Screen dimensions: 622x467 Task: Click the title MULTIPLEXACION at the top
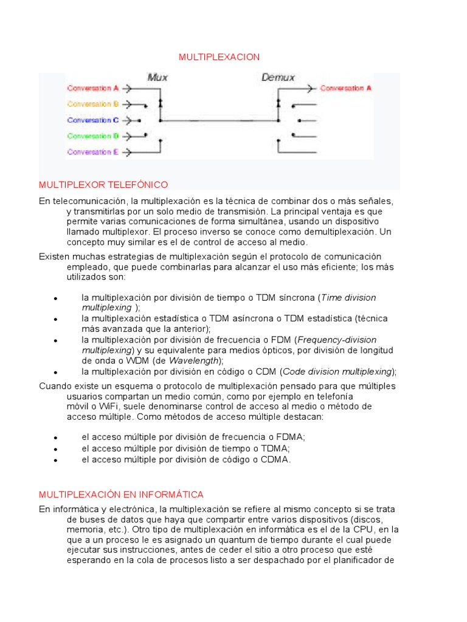219,57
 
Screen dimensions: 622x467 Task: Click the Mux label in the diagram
157,77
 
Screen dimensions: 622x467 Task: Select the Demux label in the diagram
278,77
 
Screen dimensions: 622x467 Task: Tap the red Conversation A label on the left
93,88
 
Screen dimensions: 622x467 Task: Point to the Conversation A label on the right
345,88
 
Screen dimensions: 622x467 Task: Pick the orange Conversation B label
93,104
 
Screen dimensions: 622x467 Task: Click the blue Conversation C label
93,120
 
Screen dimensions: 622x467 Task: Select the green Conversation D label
93,136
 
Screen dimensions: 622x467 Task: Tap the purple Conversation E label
93,152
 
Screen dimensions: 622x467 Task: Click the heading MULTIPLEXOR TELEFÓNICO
103,184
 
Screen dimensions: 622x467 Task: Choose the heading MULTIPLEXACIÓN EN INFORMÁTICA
121,494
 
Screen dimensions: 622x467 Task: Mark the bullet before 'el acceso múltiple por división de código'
55,460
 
